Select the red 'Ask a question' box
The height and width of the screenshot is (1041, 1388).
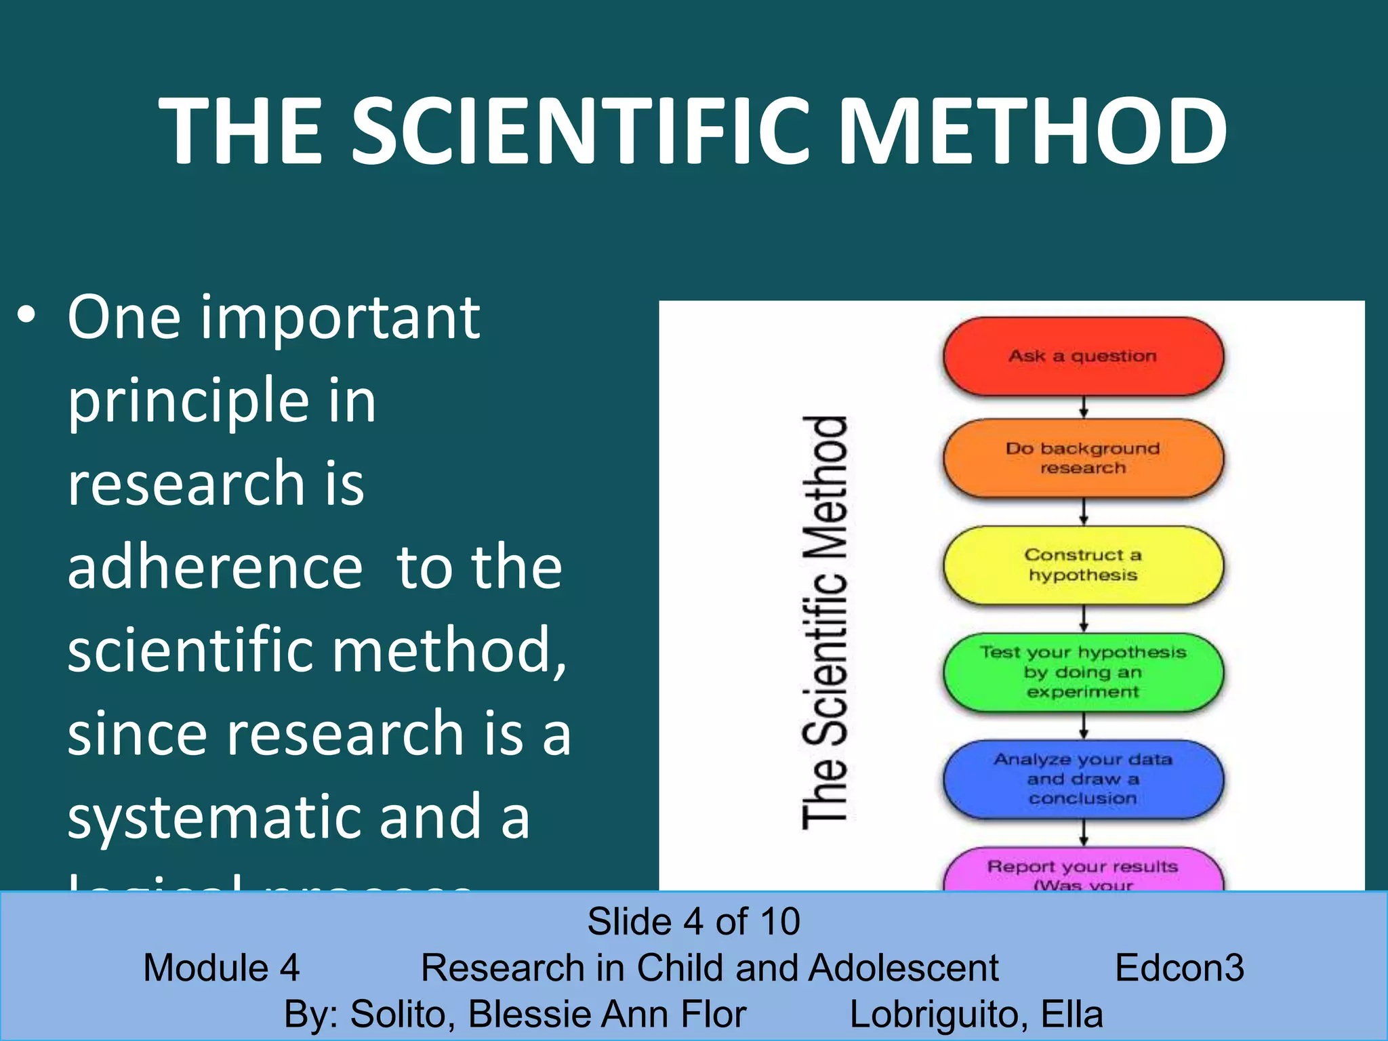click(1083, 356)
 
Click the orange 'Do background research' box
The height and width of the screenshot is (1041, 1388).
click(1083, 458)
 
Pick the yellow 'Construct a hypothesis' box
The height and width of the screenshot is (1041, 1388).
click(1083, 565)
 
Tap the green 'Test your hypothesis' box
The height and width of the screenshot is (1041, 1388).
click(1083, 672)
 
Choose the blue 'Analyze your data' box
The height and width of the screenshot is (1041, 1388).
click(1083, 779)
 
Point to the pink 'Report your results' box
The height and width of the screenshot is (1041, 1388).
click(1083, 871)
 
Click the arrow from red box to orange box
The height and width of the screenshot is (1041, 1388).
click(1084, 407)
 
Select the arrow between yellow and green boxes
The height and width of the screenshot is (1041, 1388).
click(1084, 619)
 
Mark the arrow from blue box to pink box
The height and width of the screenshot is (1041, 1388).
click(1084, 832)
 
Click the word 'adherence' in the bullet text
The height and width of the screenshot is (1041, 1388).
click(215, 567)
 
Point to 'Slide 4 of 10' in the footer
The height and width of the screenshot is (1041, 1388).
click(693, 922)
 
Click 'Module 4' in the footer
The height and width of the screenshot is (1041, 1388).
click(221, 967)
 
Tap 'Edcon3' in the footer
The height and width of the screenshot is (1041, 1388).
click(1179, 967)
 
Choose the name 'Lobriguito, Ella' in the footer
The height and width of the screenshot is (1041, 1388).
click(976, 1014)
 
